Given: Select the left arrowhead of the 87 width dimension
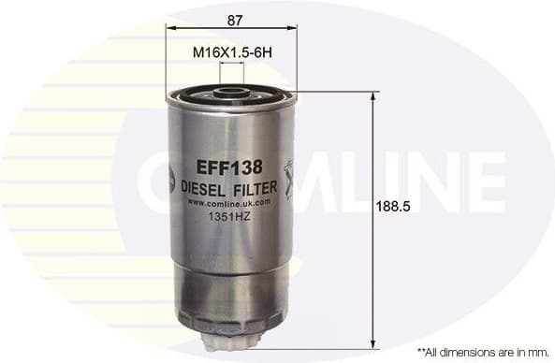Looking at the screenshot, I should tap(171, 29).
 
